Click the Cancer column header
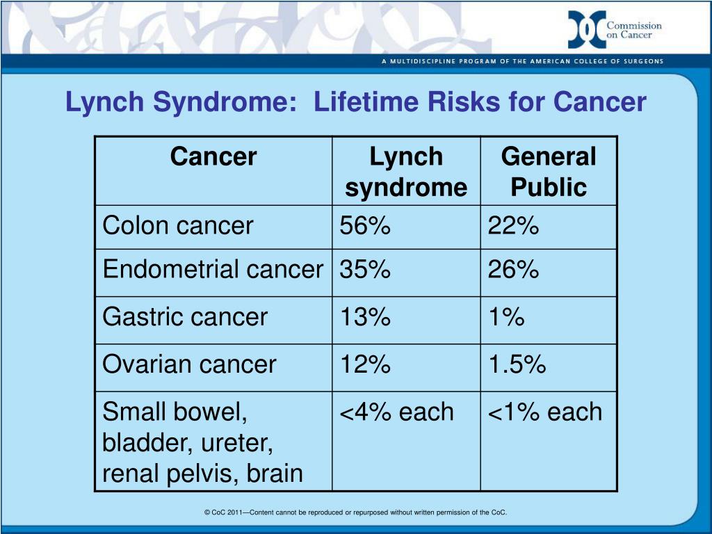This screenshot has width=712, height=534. pyautogui.click(x=213, y=157)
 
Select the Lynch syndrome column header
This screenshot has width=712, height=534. pyautogui.click(x=406, y=172)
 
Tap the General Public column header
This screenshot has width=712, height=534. pyautogui.click(x=549, y=172)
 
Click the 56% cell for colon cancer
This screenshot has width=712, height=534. pyautogui.click(x=365, y=226)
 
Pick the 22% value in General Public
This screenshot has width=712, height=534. pyautogui.click(x=513, y=226)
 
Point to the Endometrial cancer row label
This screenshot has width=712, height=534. pyautogui.click(x=213, y=270)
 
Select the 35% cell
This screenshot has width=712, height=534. pyautogui.click(x=365, y=270)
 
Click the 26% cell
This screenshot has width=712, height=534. pyautogui.click(x=513, y=270)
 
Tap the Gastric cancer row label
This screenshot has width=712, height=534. pyautogui.click(x=185, y=318)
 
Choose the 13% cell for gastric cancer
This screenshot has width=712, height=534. pyautogui.click(x=365, y=318)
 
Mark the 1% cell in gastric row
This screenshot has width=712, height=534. pyautogui.click(x=505, y=318)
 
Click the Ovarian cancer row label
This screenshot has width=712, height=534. pyautogui.click(x=189, y=364)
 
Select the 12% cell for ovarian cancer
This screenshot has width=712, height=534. pyautogui.click(x=365, y=364)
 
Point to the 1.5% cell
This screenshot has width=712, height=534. pyautogui.click(x=517, y=364)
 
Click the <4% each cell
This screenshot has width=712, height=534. pyautogui.click(x=396, y=412)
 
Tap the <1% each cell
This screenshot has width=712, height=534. pyautogui.click(x=544, y=412)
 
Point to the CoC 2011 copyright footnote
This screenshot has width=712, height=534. pyautogui.click(x=356, y=512)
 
